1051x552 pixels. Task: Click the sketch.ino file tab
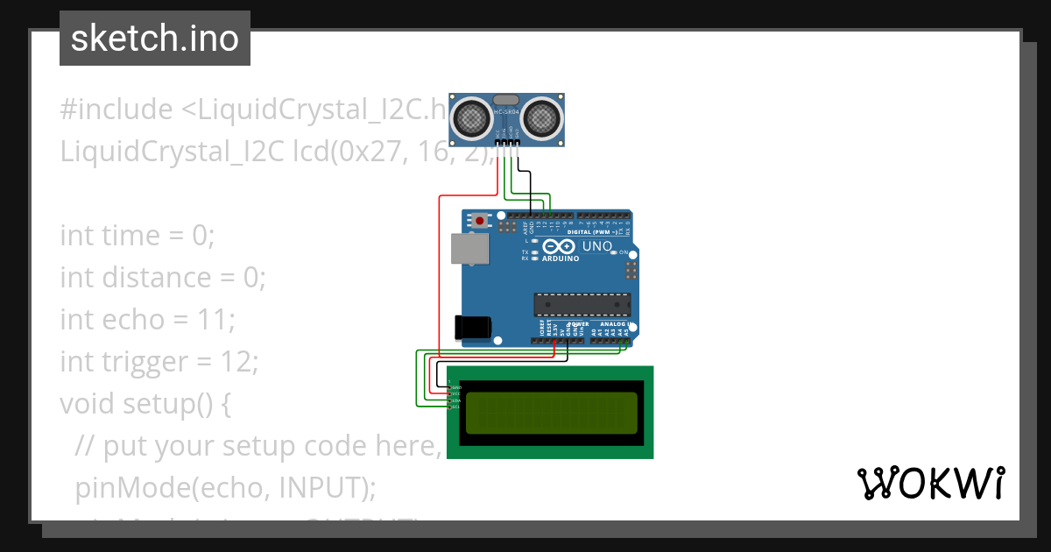point(155,39)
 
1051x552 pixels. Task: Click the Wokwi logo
point(930,483)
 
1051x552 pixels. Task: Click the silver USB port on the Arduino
point(470,249)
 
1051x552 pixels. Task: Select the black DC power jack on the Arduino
point(472,327)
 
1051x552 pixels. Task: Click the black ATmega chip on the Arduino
point(582,304)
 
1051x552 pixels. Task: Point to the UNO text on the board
point(596,246)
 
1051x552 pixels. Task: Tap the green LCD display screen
point(551,413)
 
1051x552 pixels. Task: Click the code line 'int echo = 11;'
point(147,320)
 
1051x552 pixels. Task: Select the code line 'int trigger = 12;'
point(159,362)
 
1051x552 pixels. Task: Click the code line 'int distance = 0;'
point(162,278)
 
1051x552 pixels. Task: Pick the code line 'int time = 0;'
point(137,236)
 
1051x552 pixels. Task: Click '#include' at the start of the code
point(116,110)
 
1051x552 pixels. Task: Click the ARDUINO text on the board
point(561,259)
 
